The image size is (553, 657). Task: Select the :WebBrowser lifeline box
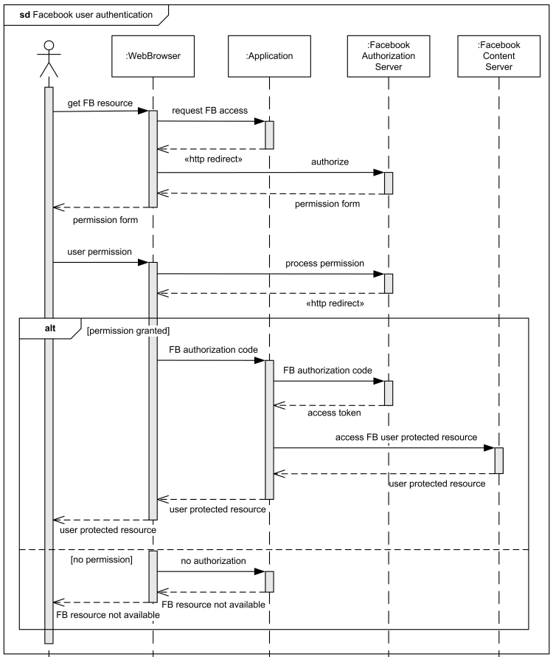pyautogui.click(x=153, y=55)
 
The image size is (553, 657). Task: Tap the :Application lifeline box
pyautogui.click(x=269, y=55)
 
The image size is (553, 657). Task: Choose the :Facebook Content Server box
pyautogui.click(x=498, y=55)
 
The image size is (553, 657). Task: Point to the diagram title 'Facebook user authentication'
pyautogui.click(x=86, y=14)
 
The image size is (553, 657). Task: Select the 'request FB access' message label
pyautogui.click(x=209, y=111)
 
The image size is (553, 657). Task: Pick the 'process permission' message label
pyautogui.click(x=325, y=263)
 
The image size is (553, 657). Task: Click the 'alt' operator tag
pyautogui.click(x=49, y=327)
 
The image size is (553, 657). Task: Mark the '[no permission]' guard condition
pyautogui.click(x=102, y=560)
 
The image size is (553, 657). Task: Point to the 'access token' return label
pyautogui.click(x=333, y=413)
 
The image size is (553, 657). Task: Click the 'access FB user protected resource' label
pyautogui.click(x=406, y=437)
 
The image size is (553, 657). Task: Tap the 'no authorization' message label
pyautogui.click(x=213, y=561)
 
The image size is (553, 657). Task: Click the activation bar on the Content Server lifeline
pyautogui.click(x=499, y=460)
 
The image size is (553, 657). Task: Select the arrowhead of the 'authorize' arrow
pyautogui.click(x=378, y=173)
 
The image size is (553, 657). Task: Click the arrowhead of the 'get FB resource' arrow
pyautogui.click(x=143, y=111)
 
